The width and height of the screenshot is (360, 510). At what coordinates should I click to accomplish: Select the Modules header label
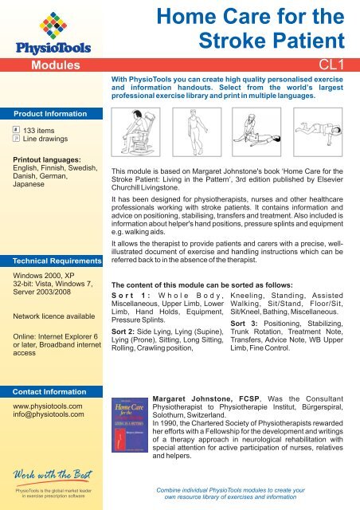pos(53,64)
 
